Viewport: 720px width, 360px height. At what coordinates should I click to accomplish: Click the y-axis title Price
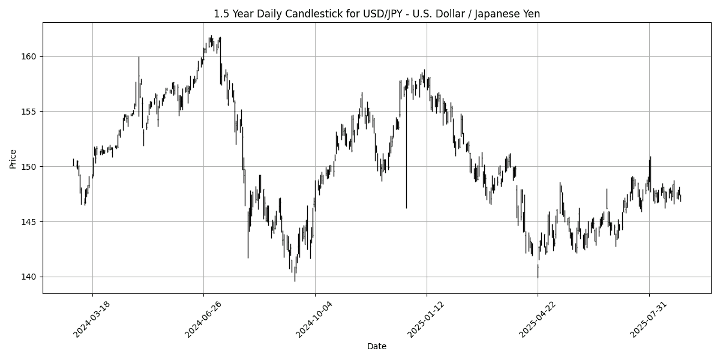tap(13, 158)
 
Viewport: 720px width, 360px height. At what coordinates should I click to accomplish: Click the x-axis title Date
tap(376, 346)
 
